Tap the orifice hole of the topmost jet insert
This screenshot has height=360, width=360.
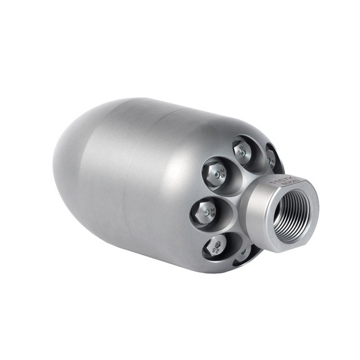click(x=242, y=151)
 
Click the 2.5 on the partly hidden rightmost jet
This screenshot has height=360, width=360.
click(x=272, y=161)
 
